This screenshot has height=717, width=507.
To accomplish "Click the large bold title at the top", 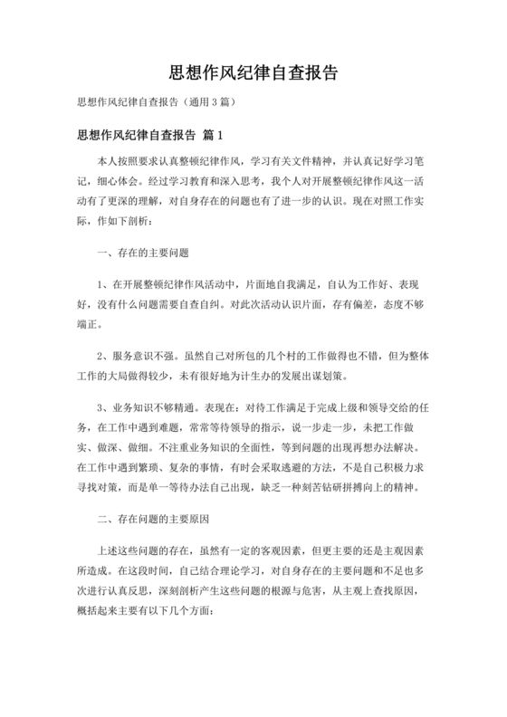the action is [x=253, y=72].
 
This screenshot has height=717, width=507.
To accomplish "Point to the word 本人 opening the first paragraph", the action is [x=106, y=159].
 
